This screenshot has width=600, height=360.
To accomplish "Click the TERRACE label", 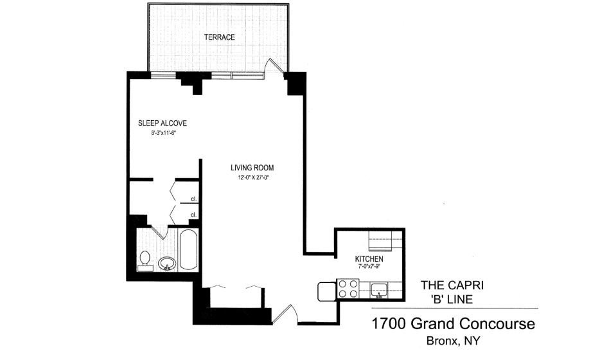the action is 219,37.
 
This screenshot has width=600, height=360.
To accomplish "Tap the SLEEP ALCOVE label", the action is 163,123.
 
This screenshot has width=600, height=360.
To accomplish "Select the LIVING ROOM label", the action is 252,168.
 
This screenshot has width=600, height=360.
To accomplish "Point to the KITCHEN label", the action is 369,259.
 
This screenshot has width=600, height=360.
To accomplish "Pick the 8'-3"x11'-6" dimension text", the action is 163,133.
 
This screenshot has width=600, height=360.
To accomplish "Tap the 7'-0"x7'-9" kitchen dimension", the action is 369,267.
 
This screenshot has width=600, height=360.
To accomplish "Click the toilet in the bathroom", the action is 145,261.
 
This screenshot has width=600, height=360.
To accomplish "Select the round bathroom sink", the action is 167,264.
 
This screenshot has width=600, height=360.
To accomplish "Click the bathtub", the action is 188,249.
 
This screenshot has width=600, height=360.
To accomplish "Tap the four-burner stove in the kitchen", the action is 348,289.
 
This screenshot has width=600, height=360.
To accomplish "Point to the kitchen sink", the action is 379,291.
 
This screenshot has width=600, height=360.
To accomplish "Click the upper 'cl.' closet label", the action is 193,199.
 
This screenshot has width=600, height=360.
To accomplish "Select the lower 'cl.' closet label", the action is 193,215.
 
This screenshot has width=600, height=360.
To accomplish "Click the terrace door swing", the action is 276,66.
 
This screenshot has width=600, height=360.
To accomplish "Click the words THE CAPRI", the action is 452,285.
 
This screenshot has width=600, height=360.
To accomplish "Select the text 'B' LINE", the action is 452,299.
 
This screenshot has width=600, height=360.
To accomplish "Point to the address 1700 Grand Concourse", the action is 454,324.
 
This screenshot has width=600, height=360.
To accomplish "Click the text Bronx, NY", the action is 454,341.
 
